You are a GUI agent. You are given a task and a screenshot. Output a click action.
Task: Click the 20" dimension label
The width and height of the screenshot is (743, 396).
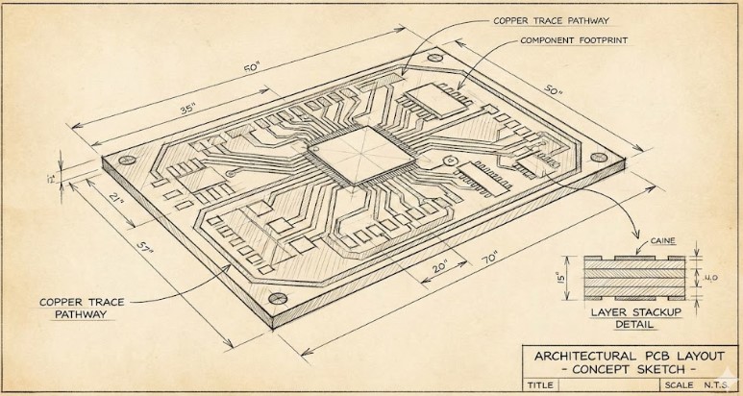(x=440, y=266)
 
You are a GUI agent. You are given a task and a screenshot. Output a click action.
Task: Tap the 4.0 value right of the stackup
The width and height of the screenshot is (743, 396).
(x=713, y=277)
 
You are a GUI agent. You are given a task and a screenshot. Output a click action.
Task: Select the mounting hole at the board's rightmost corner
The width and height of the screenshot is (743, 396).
(x=601, y=154)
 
